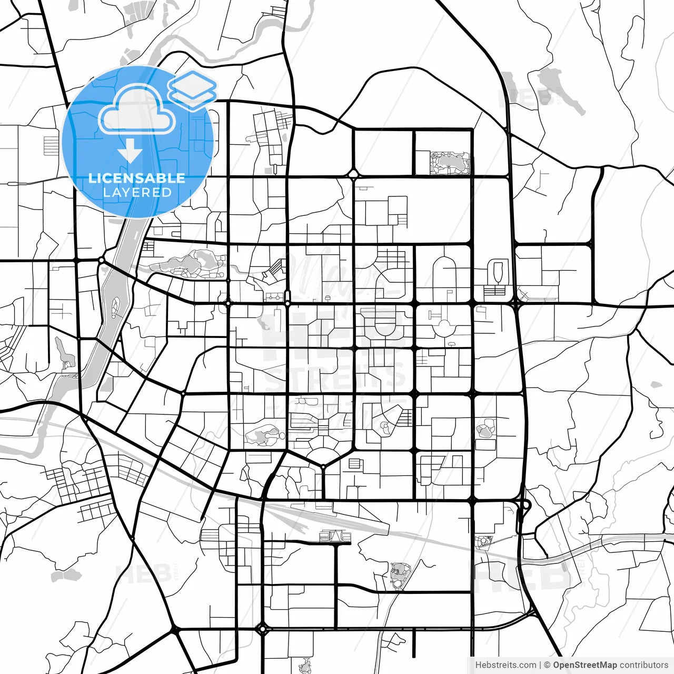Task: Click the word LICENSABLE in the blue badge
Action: click(x=137, y=178)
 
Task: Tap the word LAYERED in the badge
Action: click(x=137, y=192)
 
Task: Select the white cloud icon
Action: click(x=137, y=110)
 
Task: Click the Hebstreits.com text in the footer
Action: click(x=506, y=665)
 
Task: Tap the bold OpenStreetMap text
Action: click(x=584, y=665)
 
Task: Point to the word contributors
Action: click(x=643, y=665)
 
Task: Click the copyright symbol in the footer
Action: click(x=548, y=665)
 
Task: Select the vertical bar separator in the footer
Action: click(x=541, y=665)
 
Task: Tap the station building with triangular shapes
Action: click(x=335, y=536)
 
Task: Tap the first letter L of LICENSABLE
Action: click(x=92, y=178)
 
